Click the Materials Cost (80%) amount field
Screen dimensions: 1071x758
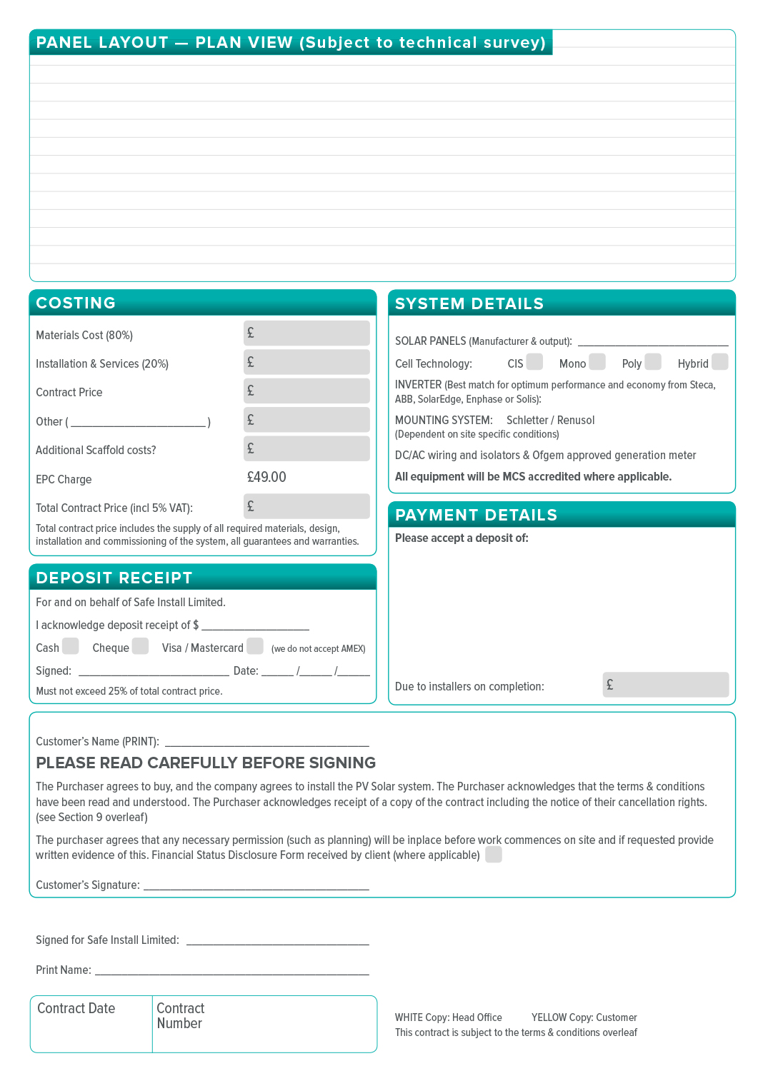point(306,333)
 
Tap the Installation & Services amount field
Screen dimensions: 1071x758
point(306,362)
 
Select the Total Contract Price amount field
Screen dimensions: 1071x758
point(306,506)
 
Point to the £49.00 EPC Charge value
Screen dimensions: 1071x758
point(266,477)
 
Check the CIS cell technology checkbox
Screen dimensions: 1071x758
point(534,362)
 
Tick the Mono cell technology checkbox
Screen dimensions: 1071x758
point(597,362)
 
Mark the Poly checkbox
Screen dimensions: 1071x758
point(653,362)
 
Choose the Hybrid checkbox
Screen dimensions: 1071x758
point(720,362)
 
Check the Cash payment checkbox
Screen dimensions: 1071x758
point(70,646)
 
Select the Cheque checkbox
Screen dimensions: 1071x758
point(140,646)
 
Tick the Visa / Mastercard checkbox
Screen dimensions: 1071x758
point(255,646)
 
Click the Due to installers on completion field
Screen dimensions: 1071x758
point(665,685)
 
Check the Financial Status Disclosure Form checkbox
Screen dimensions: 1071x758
point(494,855)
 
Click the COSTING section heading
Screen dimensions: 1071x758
point(76,303)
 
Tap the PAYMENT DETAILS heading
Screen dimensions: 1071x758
point(476,515)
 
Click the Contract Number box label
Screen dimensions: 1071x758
point(180,1015)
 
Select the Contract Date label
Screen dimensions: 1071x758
point(76,1008)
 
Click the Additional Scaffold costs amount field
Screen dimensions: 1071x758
point(306,448)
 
